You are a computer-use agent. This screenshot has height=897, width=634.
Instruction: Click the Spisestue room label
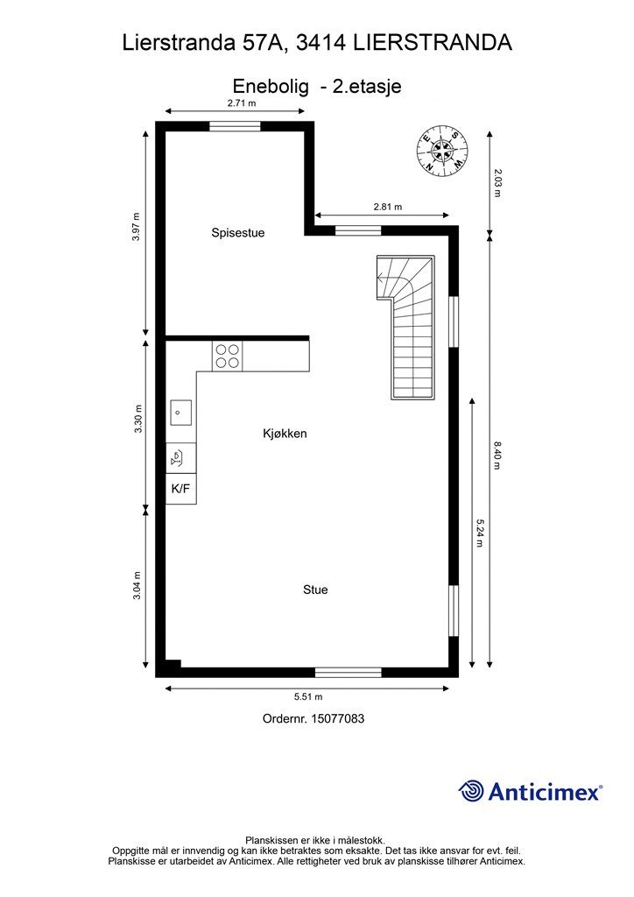237,233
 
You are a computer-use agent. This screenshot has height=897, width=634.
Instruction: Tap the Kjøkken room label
285,434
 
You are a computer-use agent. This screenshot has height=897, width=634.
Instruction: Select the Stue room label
315,590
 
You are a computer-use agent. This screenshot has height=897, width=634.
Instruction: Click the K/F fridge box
181,489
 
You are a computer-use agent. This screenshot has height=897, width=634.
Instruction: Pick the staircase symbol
408,326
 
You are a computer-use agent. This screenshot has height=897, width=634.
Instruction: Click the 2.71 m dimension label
242,103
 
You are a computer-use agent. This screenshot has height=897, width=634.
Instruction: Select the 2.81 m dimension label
387,208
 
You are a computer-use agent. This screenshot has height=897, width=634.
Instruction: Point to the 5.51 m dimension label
308,697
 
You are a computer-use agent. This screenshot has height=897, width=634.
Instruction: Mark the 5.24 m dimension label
480,533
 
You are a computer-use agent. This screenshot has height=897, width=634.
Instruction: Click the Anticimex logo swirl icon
471,791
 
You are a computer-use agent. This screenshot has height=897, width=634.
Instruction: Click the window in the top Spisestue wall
235,126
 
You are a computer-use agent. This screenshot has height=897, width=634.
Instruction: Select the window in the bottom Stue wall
349,673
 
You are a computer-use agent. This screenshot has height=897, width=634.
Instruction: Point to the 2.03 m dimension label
497,182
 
